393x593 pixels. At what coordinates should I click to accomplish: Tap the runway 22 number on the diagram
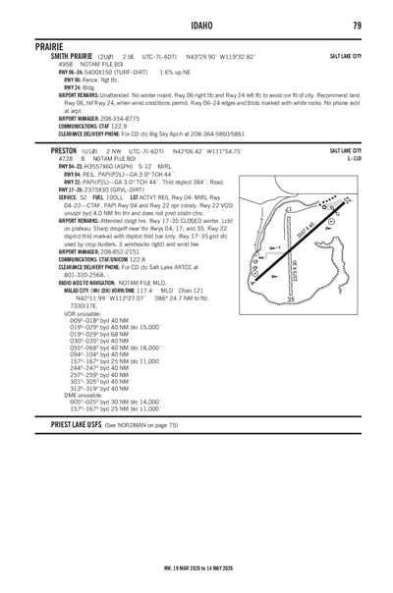[x=346, y=200]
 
